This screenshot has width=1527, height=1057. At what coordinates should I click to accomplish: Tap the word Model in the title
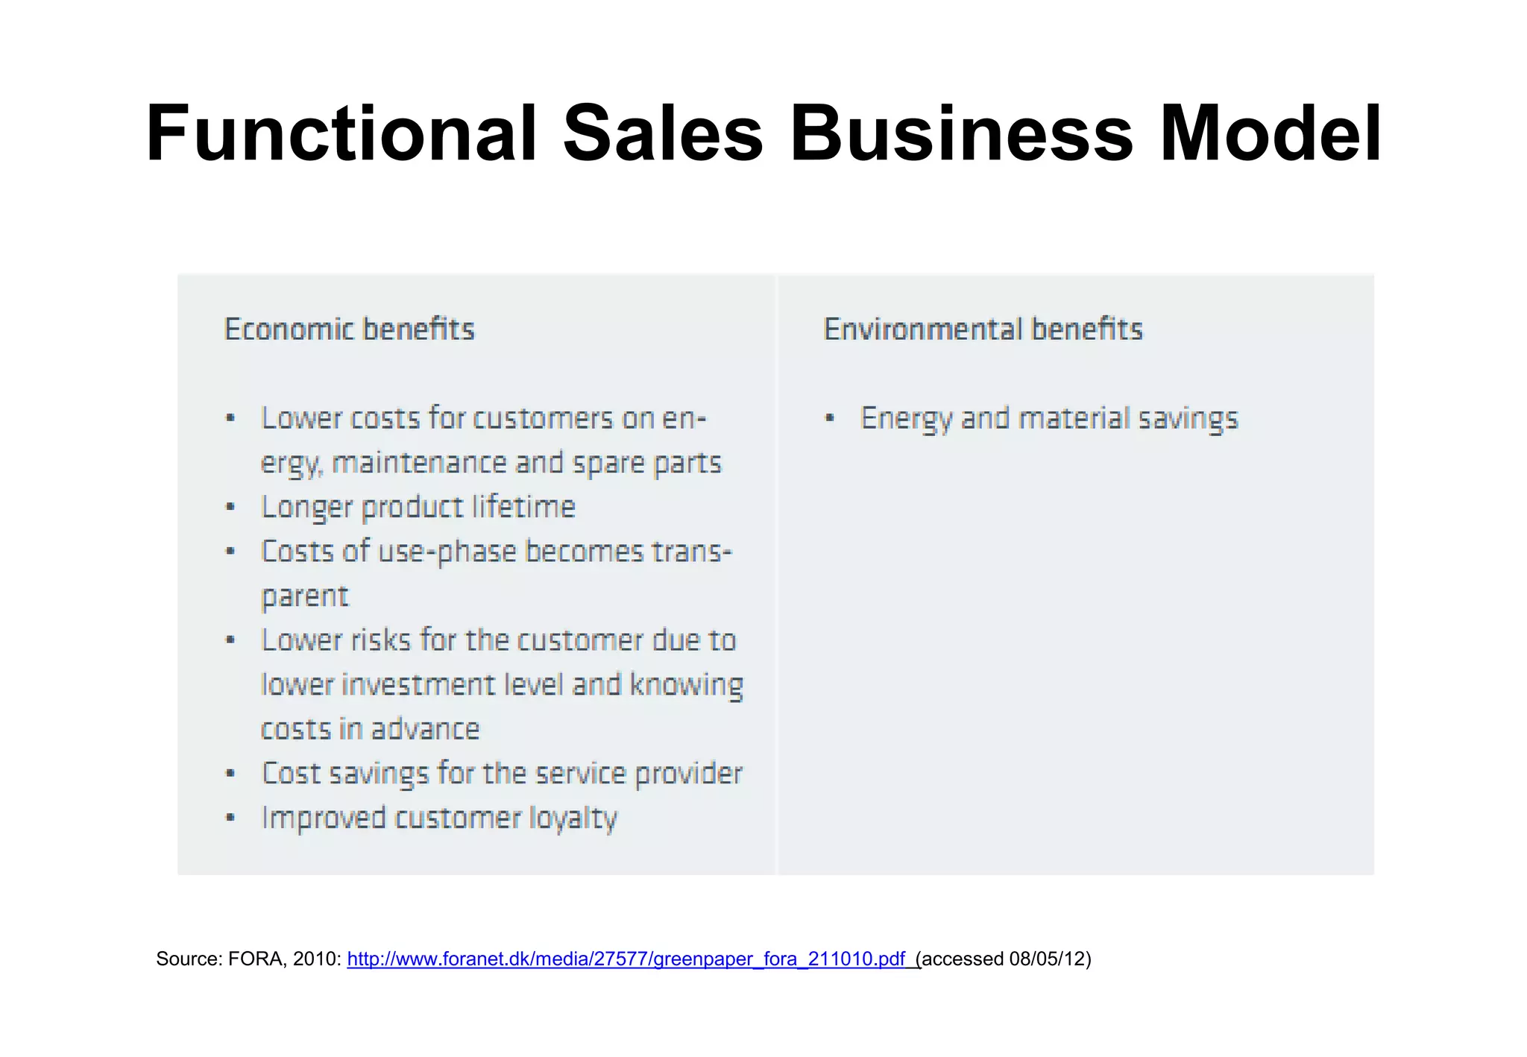1271,134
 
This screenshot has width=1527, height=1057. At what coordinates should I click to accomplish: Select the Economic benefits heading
349,329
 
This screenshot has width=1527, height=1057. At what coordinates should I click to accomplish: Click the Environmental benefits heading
983,329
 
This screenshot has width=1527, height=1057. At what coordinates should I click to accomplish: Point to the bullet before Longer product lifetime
231,508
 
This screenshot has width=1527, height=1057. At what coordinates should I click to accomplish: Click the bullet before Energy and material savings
830,418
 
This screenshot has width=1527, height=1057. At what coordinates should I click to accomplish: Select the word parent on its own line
304,596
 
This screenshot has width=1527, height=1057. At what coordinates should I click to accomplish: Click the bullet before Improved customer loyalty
231,818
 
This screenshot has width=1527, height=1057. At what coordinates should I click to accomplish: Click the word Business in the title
962,134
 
